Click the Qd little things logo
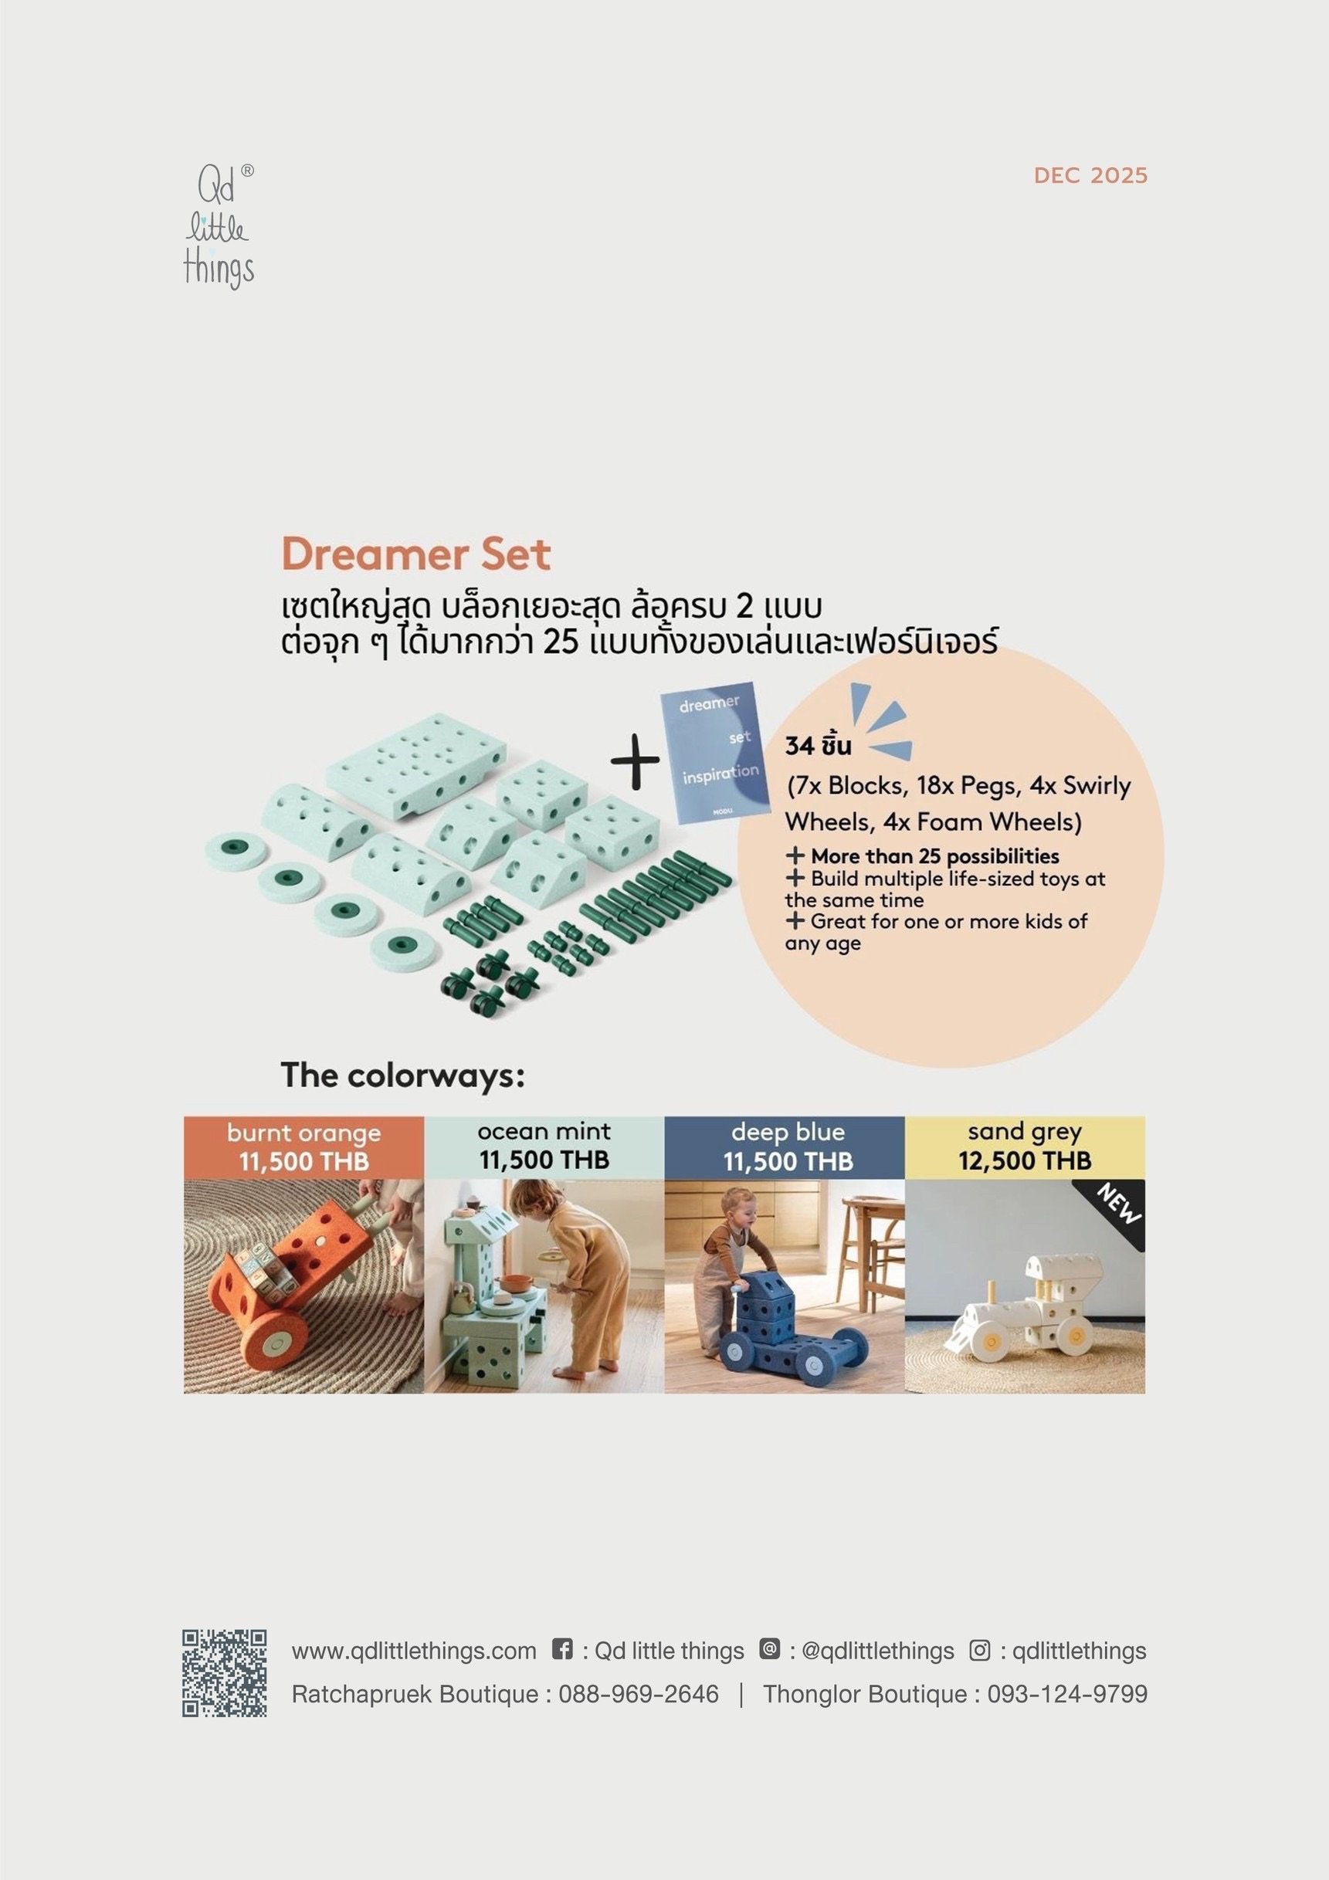click(219, 227)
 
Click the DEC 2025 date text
click(1090, 176)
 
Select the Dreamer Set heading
click(416, 554)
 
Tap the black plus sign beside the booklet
click(635, 759)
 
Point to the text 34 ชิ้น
click(818, 746)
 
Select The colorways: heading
click(402, 1075)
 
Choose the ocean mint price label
click(544, 1147)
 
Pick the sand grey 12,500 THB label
click(1026, 1147)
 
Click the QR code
click(225, 1673)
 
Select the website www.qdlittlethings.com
click(413, 1651)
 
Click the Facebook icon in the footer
click(561, 1649)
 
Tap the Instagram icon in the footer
click(979, 1650)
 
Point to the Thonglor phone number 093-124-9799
click(1067, 1693)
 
